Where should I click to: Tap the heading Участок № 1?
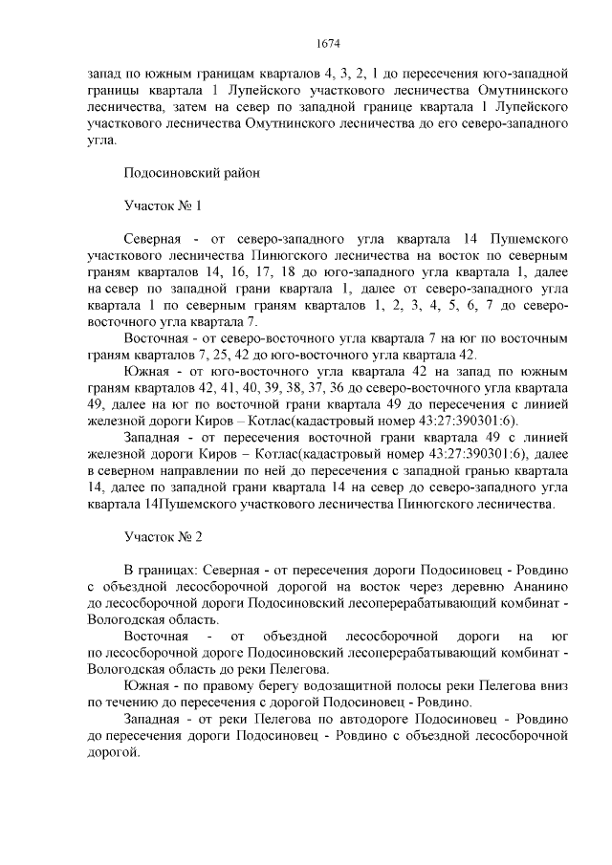click(x=163, y=205)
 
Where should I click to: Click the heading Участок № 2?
click(x=164, y=537)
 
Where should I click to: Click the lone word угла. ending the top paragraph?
click(x=101, y=140)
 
